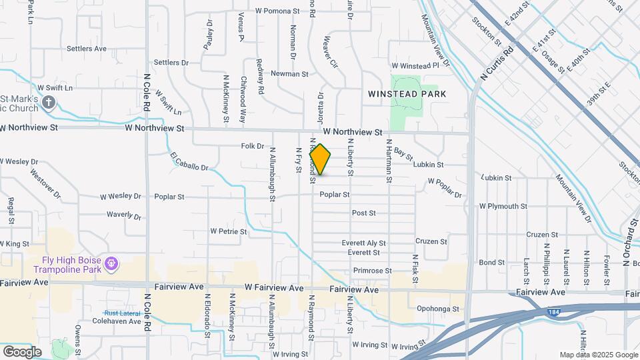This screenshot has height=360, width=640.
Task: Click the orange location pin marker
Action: [x=321, y=159]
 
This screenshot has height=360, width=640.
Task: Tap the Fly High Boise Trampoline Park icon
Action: [x=112, y=265]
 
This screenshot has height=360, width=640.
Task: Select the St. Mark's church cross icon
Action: [x=48, y=102]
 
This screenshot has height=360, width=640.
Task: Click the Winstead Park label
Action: [x=407, y=94]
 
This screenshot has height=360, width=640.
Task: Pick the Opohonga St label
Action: [x=438, y=309]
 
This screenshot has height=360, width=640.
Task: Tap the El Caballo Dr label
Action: [x=189, y=161]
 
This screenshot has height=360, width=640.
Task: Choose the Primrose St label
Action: [x=372, y=271]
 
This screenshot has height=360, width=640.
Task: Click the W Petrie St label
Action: [x=229, y=232]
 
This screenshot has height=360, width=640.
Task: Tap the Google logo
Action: [x=22, y=351]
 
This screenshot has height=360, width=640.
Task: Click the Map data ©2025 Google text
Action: [x=597, y=355]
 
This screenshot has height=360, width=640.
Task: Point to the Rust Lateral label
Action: [x=121, y=313]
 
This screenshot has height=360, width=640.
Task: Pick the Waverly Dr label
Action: [x=124, y=215]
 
